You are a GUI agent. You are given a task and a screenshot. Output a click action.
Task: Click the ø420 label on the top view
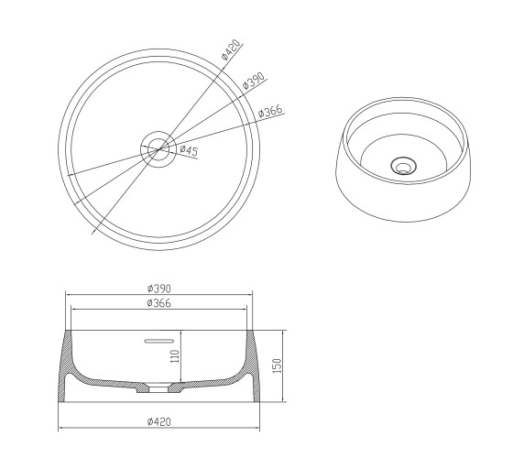231,49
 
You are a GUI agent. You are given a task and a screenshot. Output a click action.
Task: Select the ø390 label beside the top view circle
254,81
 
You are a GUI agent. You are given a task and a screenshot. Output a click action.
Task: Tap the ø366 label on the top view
270,111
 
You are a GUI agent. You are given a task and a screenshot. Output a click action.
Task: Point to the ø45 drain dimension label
189,150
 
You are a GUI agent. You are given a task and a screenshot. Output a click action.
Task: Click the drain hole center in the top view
159,149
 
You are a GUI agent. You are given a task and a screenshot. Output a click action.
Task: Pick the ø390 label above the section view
159,289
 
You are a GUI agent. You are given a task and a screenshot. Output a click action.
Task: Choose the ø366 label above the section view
159,303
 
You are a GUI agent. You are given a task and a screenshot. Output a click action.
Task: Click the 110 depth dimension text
175,356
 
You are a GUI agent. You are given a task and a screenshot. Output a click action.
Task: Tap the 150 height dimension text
277,365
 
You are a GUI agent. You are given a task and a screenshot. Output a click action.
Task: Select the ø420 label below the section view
159,422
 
